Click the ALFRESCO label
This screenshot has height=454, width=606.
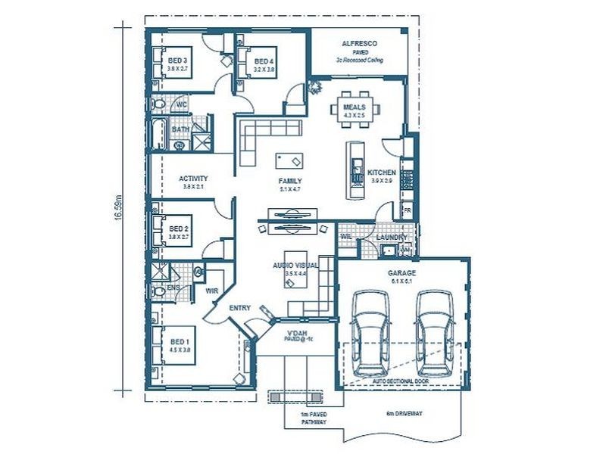[x=360, y=44]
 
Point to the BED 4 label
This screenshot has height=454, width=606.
[x=264, y=61]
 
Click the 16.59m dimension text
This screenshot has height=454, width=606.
[x=119, y=207]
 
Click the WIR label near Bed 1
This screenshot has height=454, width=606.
[x=212, y=289]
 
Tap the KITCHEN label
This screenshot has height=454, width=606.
[x=382, y=173]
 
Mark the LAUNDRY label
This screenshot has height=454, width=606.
[x=392, y=238]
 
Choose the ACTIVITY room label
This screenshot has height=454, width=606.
[x=193, y=179]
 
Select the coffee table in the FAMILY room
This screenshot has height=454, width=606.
[x=289, y=160]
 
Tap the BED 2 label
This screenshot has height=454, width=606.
[x=178, y=228]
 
